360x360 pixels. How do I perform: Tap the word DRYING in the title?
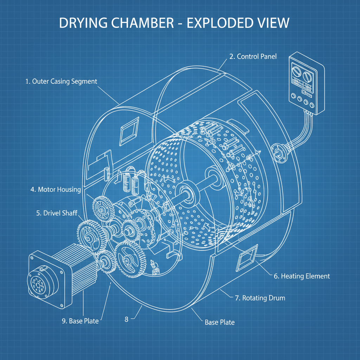coord(82,23)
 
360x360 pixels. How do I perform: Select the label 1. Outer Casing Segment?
coord(61,81)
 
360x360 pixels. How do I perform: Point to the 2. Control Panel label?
coord(253,56)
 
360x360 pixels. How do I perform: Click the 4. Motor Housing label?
coord(56,189)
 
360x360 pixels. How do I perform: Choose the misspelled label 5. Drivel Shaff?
coord(57,213)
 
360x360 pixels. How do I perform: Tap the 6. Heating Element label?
coord(302,276)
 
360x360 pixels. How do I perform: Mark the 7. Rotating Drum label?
coord(260,298)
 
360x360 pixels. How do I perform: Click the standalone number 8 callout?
coord(127,319)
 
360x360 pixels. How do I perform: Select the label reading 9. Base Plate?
coord(80,321)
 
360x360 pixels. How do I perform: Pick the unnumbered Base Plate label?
coord(219,322)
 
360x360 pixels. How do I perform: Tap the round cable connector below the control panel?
coord(278,152)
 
